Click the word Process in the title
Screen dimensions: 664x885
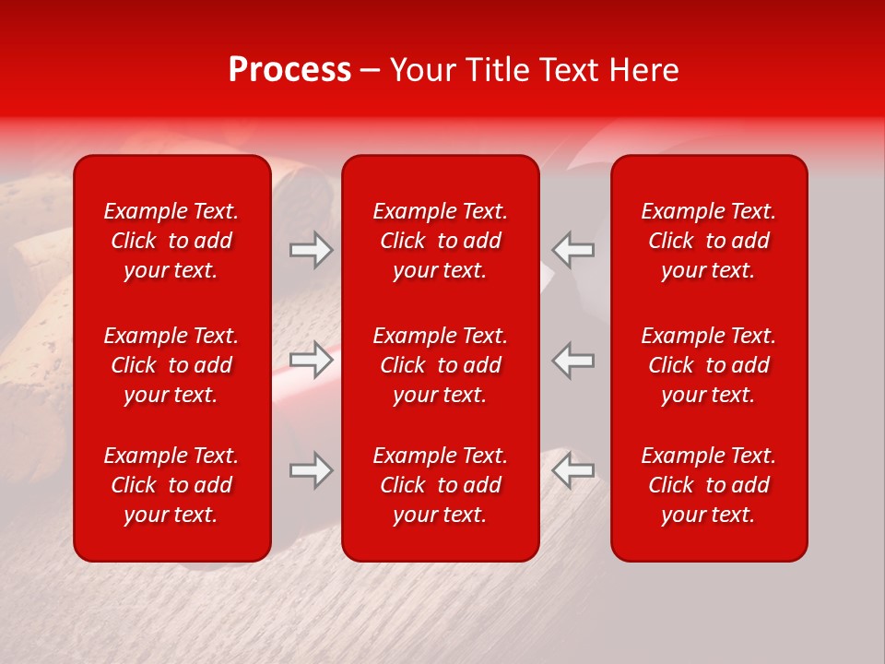click(x=289, y=70)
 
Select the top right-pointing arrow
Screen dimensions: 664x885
click(x=311, y=250)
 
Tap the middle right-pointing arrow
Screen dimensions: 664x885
click(x=311, y=360)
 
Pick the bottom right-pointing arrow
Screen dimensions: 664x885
click(x=311, y=470)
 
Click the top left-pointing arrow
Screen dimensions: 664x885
click(x=573, y=250)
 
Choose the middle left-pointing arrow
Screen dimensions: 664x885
click(x=573, y=360)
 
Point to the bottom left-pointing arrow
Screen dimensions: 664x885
click(x=573, y=470)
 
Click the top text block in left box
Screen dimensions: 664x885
click(x=171, y=241)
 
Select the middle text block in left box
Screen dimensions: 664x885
click(x=171, y=365)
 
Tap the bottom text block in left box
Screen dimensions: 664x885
click(x=171, y=485)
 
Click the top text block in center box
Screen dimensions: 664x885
click(x=440, y=241)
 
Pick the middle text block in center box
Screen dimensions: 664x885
click(x=440, y=365)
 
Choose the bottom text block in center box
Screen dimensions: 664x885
click(x=440, y=485)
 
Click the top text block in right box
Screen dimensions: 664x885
click(x=709, y=241)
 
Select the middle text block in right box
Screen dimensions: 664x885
click(x=709, y=365)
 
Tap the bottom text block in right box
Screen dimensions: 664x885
click(x=709, y=485)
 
